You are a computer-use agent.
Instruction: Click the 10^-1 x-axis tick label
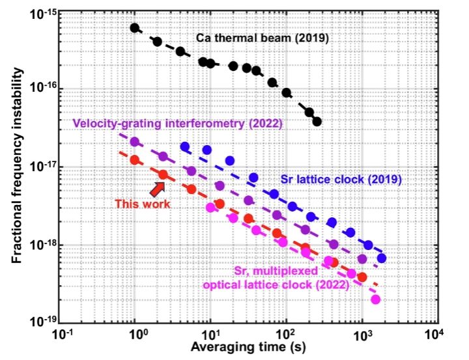coord(63,335)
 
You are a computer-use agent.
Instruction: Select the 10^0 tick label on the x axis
coord(137,335)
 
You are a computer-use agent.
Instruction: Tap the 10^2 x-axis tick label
coord(285,335)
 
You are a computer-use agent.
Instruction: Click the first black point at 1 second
coord(135,28)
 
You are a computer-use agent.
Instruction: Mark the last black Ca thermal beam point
coord(317,121)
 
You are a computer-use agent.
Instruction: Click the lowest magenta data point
coord(375,299)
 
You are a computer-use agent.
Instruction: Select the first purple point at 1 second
coord(135,141)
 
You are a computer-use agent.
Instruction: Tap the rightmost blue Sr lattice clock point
coord(382,258)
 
